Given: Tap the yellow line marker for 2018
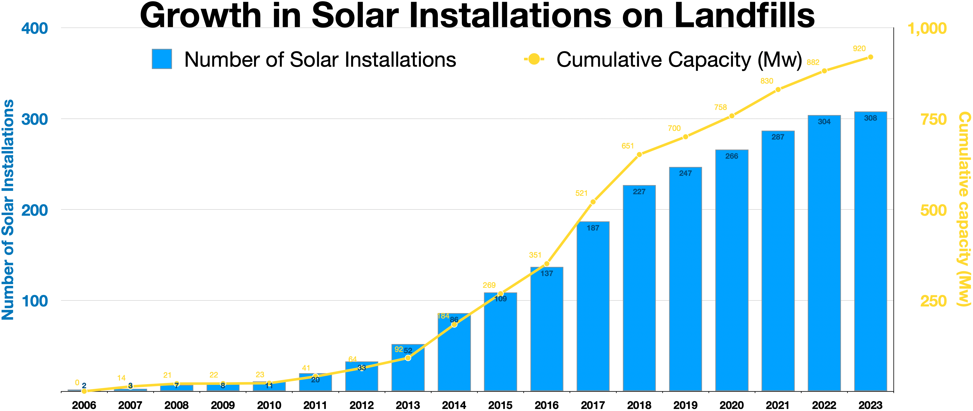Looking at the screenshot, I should (x=639, y=155).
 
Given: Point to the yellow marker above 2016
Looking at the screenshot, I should (x=547, y=264).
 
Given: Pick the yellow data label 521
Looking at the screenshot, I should (x=581, y=193).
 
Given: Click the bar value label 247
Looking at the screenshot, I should (x=685, y=173).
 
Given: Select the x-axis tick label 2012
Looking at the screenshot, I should (x=361, y=405).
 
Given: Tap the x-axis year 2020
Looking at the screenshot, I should (x=732, y=405).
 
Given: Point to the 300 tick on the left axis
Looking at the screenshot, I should (x=34, y=119).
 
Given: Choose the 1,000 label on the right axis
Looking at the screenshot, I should (x=927, y=28).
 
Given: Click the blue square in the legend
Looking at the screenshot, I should (x=162, y=59).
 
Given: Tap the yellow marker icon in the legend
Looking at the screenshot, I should (x=534, y=59).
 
